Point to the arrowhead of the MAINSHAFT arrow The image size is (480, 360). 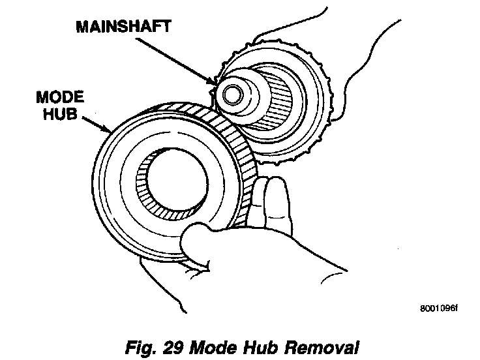click(x=215, y=84)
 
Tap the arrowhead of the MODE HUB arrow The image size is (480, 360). click(x=109, y=132)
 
